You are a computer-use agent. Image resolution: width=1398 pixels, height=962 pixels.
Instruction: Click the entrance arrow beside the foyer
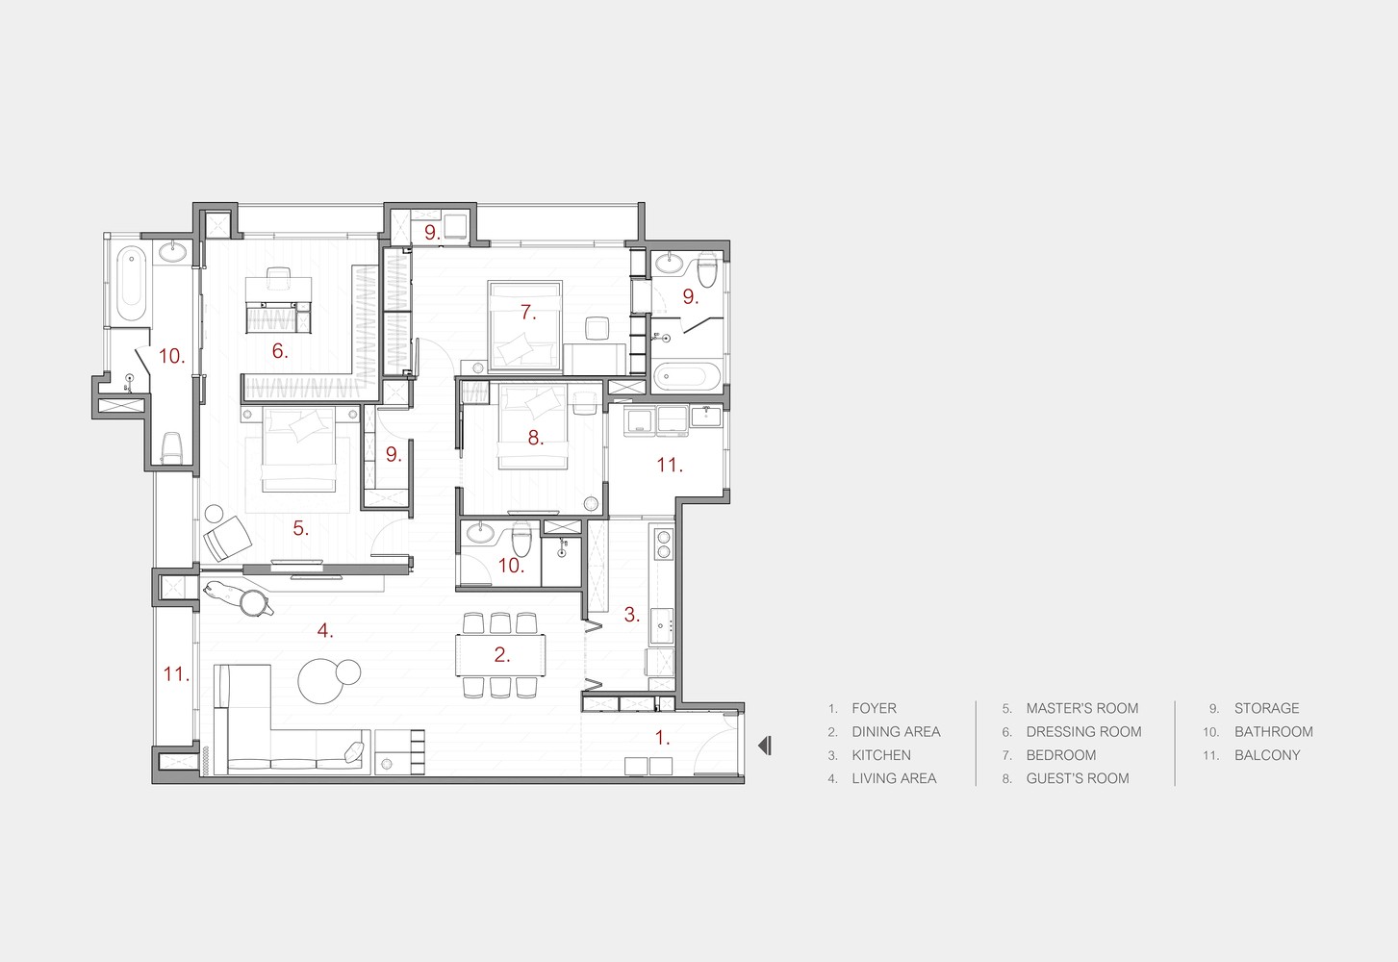click(765, 746)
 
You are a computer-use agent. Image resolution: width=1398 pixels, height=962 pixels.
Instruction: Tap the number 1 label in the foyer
click(662, 738)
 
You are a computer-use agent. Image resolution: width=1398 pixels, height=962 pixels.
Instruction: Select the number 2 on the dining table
click(502, 654)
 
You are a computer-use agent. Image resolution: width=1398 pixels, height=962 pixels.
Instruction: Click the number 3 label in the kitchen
click(631, 615)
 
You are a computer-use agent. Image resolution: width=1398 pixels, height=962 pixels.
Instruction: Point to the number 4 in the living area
click(324, 630)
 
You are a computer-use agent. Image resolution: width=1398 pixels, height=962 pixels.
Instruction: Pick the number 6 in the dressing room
click(280, 350)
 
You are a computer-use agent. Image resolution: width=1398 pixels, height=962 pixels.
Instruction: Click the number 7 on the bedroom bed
click(528, 312)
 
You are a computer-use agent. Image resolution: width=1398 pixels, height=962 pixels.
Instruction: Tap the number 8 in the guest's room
click(535, 438)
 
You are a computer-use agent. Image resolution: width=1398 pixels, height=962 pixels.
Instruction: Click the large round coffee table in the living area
click(320, 681)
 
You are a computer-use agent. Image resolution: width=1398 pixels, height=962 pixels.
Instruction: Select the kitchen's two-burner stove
click(663, 544)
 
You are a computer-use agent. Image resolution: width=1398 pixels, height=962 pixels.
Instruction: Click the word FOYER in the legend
click(874, 708)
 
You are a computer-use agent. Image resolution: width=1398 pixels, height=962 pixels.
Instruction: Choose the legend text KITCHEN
click(881, 755)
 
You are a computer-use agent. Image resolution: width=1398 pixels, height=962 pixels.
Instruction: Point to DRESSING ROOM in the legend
click(1083, 732)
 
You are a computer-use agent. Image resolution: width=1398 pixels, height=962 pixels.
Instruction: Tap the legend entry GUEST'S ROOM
click(1078, 778)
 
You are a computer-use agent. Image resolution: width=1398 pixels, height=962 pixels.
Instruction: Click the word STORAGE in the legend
click(1266, 708)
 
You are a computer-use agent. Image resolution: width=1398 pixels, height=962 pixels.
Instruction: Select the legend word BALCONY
click(1267, 755)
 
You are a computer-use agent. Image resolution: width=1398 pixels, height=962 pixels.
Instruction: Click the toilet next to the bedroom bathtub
click(707, 269)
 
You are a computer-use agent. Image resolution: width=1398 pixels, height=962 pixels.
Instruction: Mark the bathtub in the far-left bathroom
click(132, 284)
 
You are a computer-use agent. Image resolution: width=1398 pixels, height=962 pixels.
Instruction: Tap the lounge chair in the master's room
click(227, 539)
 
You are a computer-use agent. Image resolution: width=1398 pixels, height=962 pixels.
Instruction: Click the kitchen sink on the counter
click(662, 625)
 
